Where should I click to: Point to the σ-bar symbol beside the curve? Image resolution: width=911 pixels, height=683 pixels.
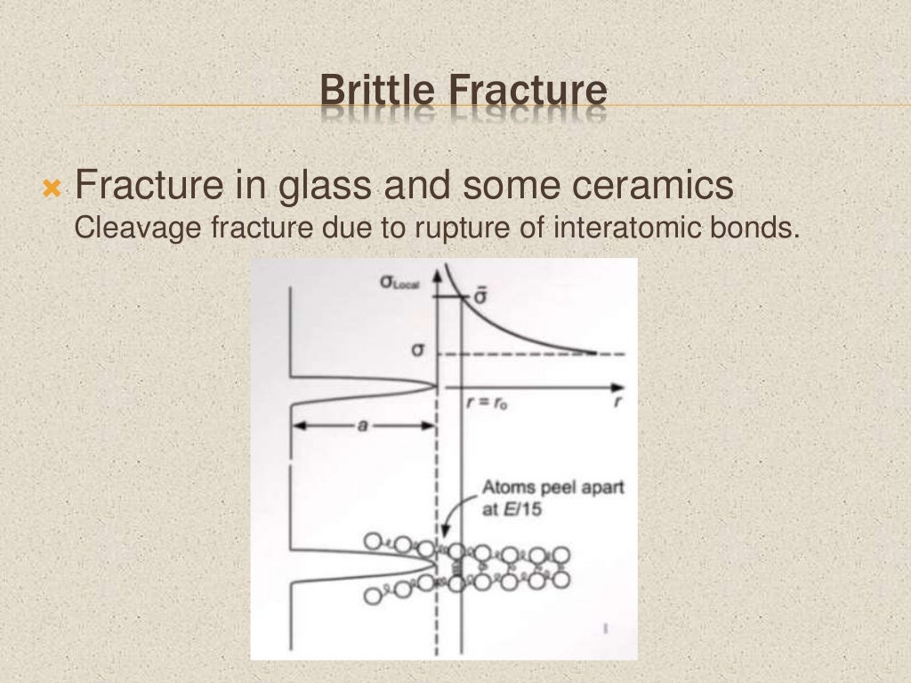point(478,296)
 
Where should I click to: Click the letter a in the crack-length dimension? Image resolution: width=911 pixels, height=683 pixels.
point(362,426)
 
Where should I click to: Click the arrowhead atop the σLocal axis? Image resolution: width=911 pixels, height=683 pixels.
point(437,277)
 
